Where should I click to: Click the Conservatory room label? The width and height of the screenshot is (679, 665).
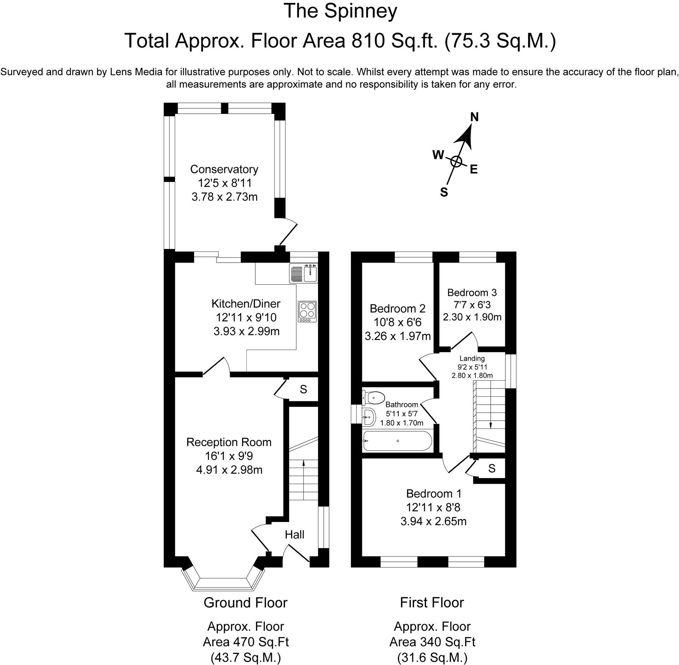tap(224, 169)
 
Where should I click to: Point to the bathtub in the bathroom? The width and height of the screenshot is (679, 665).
tap(397, 441)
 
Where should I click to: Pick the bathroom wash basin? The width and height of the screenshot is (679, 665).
tap(369, 417)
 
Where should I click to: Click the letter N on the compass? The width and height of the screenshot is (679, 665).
tap(475, 117)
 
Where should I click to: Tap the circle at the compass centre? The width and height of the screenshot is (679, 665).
tap(456, 162)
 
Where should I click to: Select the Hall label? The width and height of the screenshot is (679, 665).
tap(295, 534)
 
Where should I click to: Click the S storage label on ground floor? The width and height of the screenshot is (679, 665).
tap(303, 389)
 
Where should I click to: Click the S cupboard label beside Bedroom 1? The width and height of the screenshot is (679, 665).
tap(492, 468)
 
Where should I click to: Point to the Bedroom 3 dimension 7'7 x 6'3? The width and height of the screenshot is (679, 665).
tap(472, 305)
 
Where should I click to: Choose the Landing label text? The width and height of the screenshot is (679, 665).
tap(472, 359)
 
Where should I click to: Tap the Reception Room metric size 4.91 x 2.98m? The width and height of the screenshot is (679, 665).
tap(229, 470)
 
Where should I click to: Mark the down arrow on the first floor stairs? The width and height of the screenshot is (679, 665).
tap(490, 425)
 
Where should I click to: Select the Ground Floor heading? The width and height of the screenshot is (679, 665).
tap(245, 603)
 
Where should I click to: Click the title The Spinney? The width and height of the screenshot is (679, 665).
tap(340, 11)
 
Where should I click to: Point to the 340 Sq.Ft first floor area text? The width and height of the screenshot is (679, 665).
tap(432, 642)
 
